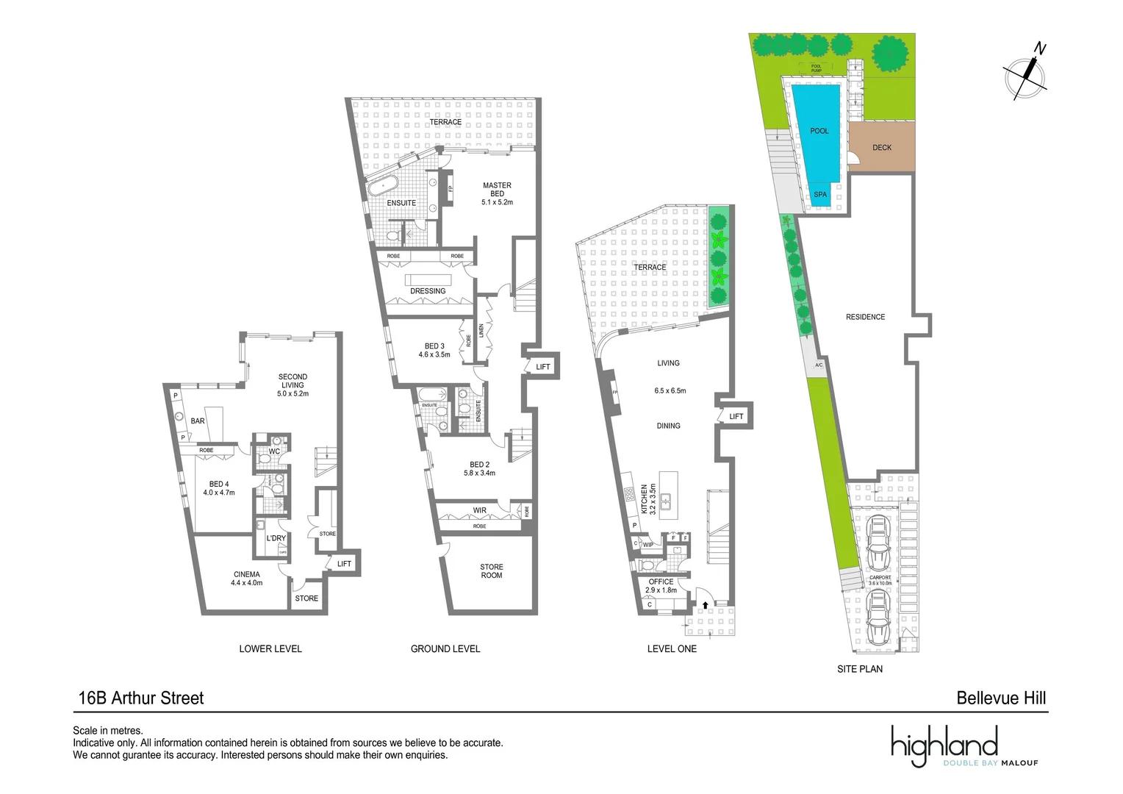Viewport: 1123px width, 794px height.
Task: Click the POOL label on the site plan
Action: tap(819, 131)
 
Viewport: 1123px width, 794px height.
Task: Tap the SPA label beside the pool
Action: tap(820, 195)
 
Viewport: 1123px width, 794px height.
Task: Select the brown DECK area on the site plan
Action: tap(882, 147)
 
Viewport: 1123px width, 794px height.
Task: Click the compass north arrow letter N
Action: tap(1040, 49)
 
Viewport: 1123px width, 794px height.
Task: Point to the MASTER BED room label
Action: tap(497, 190)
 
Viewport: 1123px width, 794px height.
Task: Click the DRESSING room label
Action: tap(428, 291)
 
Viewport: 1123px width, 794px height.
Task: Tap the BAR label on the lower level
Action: tap(198, 421)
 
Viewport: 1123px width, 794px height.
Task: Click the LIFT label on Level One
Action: tap(736, 417)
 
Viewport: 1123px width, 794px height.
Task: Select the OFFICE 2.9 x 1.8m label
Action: tap(661, 586)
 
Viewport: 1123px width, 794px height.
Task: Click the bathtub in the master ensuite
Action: tap(383, 186)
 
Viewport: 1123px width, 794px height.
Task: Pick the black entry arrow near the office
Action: tap(706, 605)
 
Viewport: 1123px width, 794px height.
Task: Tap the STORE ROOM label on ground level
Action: tap(492, 571)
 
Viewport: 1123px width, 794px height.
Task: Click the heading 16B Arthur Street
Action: tap(141, 698)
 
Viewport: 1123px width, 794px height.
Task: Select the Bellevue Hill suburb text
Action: tap(1001, 698)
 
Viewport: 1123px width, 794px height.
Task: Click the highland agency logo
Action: tap(944, 744)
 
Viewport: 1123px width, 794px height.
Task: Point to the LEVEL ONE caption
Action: tap(672, 648)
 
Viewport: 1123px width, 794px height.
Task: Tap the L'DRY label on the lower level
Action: tap(276, 538)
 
